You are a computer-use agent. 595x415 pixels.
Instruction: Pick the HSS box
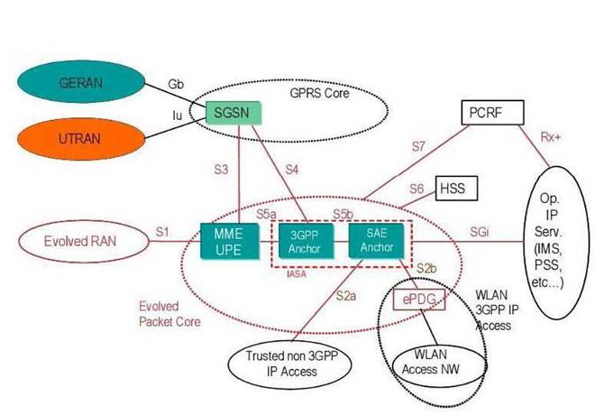455,188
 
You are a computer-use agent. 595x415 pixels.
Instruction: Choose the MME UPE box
223,241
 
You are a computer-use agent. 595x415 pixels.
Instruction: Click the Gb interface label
176,84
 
